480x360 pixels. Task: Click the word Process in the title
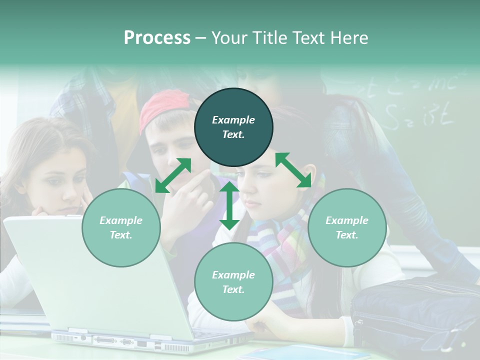point(157,38)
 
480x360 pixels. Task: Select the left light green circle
point(121,227)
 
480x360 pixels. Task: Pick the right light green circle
point(347,227)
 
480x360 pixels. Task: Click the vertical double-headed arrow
point(229,205)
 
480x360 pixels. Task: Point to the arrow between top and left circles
point(173,175)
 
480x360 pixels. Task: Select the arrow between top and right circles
point(293,170)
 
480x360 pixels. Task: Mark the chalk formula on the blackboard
point(420,100)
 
